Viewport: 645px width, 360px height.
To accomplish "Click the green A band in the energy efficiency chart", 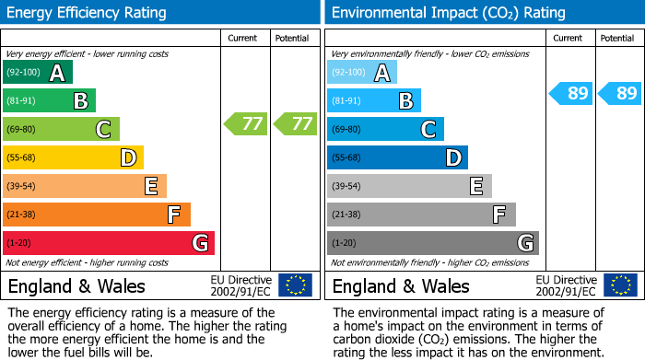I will (38, 73).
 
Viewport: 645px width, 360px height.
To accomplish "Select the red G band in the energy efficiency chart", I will (109, 243).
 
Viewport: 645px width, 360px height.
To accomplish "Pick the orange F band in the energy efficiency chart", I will (97, 215).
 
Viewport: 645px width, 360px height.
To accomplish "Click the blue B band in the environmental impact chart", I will (374, 100).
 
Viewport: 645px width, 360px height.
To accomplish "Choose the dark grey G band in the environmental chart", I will (433, 243).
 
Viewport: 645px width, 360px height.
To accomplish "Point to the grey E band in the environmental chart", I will (409, 186).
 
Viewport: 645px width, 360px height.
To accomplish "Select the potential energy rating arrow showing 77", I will (295, 123).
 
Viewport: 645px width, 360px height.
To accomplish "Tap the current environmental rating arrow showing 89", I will (571, 93).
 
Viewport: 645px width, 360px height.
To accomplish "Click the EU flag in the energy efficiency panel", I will (295, 285).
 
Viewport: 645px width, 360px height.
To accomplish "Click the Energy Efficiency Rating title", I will (88, 13).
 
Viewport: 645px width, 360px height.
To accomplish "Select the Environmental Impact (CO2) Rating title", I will (448, 13).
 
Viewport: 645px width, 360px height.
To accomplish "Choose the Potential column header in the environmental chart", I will (617, 38).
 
